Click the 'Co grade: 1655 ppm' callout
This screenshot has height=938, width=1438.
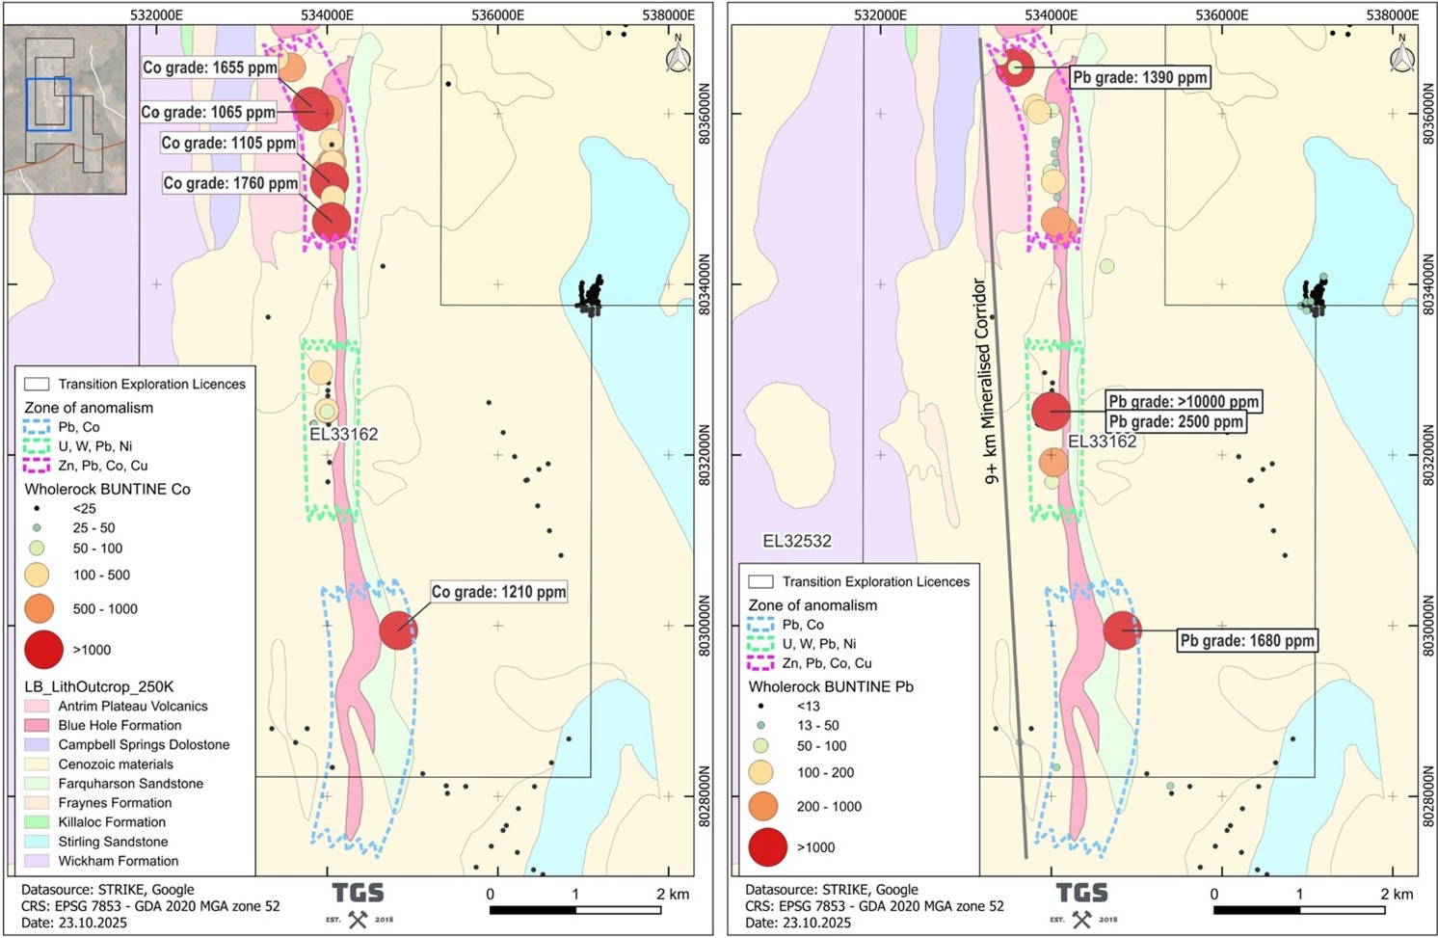(210, 67)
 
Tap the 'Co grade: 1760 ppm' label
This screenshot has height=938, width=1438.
(231, 183)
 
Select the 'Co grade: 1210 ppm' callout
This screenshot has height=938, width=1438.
(498, 592)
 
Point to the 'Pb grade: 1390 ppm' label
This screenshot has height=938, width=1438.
(1139, 77)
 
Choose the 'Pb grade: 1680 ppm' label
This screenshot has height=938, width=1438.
(1247, 640)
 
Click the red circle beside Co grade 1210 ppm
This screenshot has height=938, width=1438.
(398, 630)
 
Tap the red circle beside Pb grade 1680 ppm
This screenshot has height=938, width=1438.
(1122, 630)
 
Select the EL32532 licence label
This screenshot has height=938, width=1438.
(797, 541)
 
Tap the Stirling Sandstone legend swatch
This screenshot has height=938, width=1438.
(37, 842)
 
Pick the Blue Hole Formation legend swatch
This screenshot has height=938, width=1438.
(37, 725)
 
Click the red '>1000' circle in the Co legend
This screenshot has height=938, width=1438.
(42, 650)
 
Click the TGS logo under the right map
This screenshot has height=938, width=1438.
(1081, 903)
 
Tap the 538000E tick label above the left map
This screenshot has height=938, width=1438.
(668, 14)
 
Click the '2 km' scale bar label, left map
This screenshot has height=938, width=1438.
(672, 894)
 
